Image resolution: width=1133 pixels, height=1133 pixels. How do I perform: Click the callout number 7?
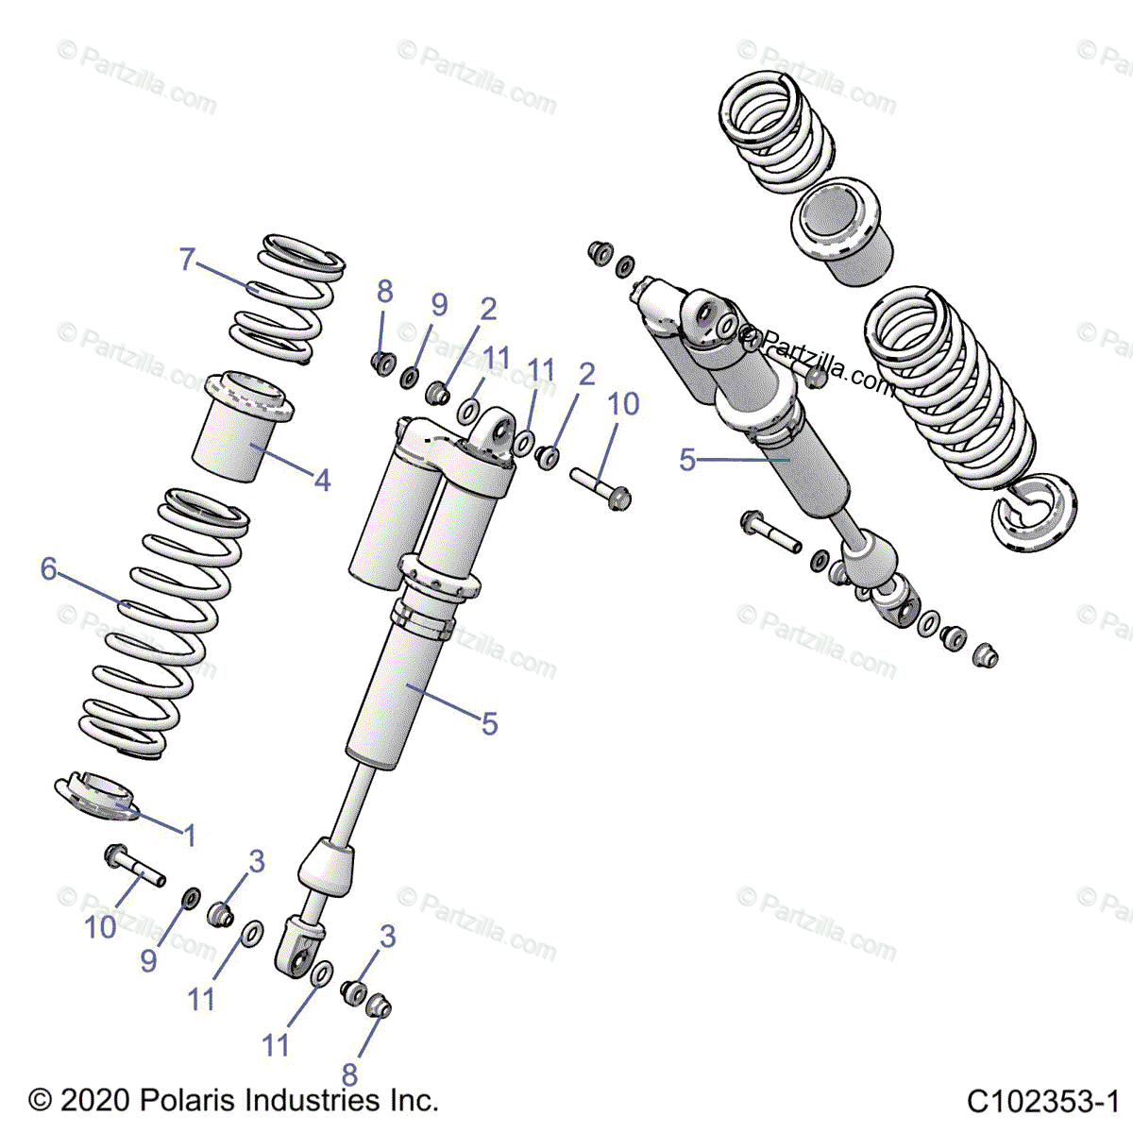point(187,260)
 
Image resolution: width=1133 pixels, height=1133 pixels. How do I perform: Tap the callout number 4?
point(322,481)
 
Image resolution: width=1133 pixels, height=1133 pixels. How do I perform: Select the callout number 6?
point(49,568)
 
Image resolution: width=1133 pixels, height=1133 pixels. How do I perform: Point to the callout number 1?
point(190,835)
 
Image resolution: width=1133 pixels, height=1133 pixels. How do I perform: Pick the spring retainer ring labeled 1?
point(97,797)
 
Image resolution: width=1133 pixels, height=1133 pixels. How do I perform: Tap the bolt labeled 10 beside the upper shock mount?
point(600,487)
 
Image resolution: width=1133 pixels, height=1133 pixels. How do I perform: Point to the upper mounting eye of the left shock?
point(499,432)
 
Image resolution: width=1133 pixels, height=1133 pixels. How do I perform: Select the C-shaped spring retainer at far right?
point(1034,512)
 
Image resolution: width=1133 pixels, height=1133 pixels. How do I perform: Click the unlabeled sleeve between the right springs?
point(842,231)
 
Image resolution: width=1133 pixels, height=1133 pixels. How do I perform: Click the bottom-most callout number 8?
point(349,1074)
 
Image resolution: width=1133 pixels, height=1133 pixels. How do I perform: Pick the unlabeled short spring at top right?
point(776,131)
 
